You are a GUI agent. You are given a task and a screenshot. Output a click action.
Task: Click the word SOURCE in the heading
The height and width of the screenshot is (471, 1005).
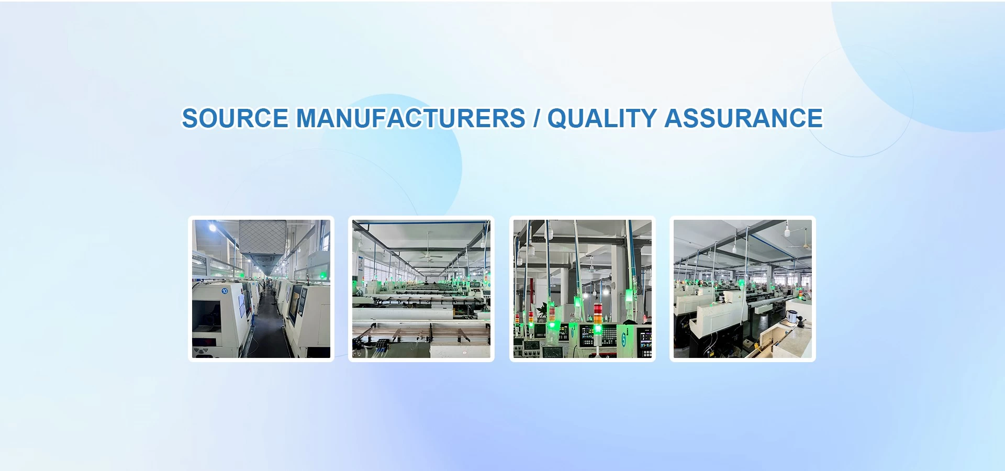coord(235,118)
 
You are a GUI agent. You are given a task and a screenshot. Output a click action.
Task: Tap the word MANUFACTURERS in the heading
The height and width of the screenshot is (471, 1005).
coord(411,118)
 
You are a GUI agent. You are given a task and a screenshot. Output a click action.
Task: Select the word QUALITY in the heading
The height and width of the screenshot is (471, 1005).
coord(602,119)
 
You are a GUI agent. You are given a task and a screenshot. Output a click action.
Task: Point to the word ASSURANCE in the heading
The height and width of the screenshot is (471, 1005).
coord(744,118)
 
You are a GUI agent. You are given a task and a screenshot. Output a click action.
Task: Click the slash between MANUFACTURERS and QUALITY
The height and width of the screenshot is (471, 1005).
coord(537,118)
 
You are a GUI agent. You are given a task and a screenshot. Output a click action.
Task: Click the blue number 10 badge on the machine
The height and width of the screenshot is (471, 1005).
coord(225,291)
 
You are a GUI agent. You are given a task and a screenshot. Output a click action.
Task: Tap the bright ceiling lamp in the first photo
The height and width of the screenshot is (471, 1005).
coord(213,228)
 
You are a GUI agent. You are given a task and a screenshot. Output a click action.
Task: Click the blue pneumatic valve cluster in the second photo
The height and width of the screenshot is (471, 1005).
coord(381,344)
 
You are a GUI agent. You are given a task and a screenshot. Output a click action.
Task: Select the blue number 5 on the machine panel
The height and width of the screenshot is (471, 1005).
coord(624,338)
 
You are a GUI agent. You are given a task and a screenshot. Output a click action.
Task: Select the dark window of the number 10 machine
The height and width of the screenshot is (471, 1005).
coord(204,319)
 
